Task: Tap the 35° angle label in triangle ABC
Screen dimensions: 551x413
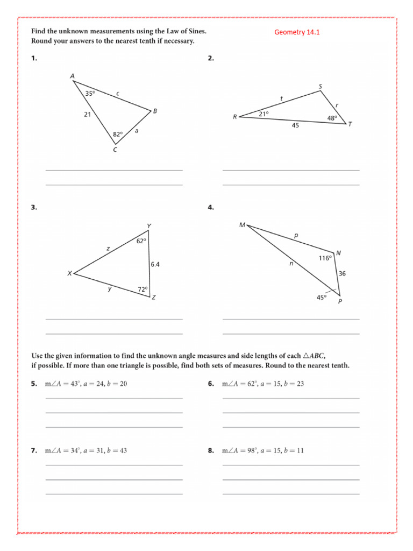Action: pos(90,93)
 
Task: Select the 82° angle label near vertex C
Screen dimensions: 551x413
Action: pos(117,133)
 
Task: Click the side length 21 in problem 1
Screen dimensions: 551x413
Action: pos(87,114)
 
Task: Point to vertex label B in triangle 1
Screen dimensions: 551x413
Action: pos(155,111)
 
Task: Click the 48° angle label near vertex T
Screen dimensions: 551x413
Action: pos(332,118)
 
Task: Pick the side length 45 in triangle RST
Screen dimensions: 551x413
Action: pos(295,126)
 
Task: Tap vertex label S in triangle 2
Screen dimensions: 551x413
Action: pos(321,86)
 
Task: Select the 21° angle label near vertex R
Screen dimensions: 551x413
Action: pos(264,114)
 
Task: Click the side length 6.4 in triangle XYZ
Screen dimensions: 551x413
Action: pos(155,264)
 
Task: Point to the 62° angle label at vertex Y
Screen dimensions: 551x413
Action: pos(140,241)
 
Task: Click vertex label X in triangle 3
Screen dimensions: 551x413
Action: pos(69,273)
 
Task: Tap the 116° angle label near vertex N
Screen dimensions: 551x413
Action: pos(325,258)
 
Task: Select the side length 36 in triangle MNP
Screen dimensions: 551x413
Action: pos(342,273)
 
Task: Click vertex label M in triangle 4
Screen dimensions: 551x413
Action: pos(242,224)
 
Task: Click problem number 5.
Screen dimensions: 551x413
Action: pos(34,384)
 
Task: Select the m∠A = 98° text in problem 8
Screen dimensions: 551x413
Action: pos(240,450)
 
